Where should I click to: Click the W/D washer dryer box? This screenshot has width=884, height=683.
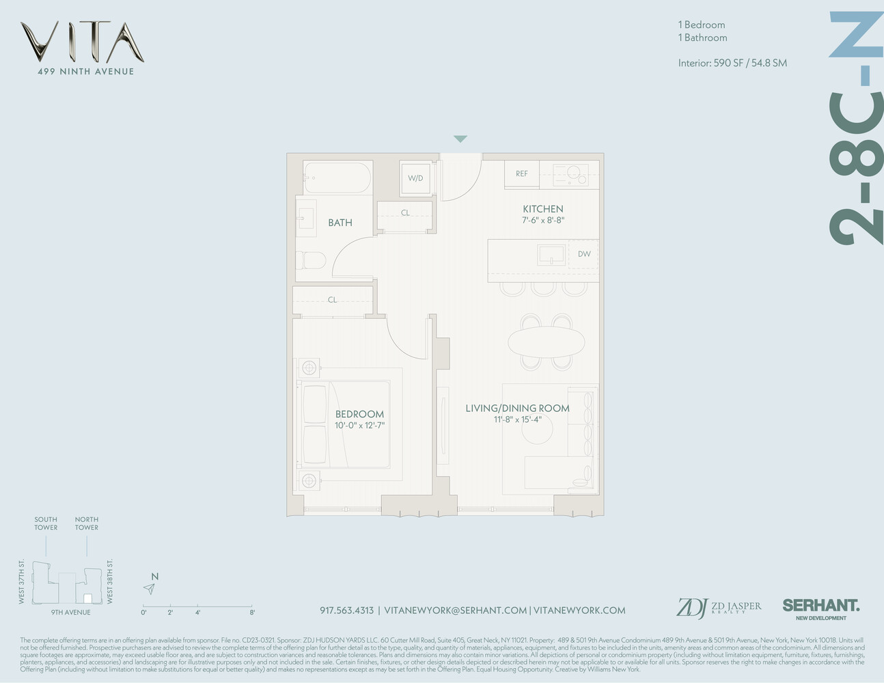click(415, 178)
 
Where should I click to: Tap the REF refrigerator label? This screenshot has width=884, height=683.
click(521, 173)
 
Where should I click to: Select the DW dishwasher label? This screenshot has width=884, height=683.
click(584, 254)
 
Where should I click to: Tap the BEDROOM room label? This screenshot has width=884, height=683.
click(359, 414)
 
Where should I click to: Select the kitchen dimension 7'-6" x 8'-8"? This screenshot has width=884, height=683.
click(543, 220)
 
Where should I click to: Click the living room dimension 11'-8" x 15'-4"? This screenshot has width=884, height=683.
click(517, 419)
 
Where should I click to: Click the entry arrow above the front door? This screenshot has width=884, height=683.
click(460, 139)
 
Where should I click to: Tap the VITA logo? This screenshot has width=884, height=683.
click(82, 42)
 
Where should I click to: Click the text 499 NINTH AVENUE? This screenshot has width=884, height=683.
click(85, 71)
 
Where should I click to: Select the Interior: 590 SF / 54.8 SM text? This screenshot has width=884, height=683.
click(732, 63)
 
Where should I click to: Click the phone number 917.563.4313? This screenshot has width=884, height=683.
click(346, 610)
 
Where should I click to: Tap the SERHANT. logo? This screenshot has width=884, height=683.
click(820, 605)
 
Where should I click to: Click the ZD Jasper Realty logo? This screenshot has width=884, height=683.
click(719, 607)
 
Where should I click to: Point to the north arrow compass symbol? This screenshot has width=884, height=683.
click(150, 588)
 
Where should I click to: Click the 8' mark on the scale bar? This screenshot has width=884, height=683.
click(252, 612)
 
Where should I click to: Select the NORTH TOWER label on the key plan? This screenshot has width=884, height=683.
click(87, 523)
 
